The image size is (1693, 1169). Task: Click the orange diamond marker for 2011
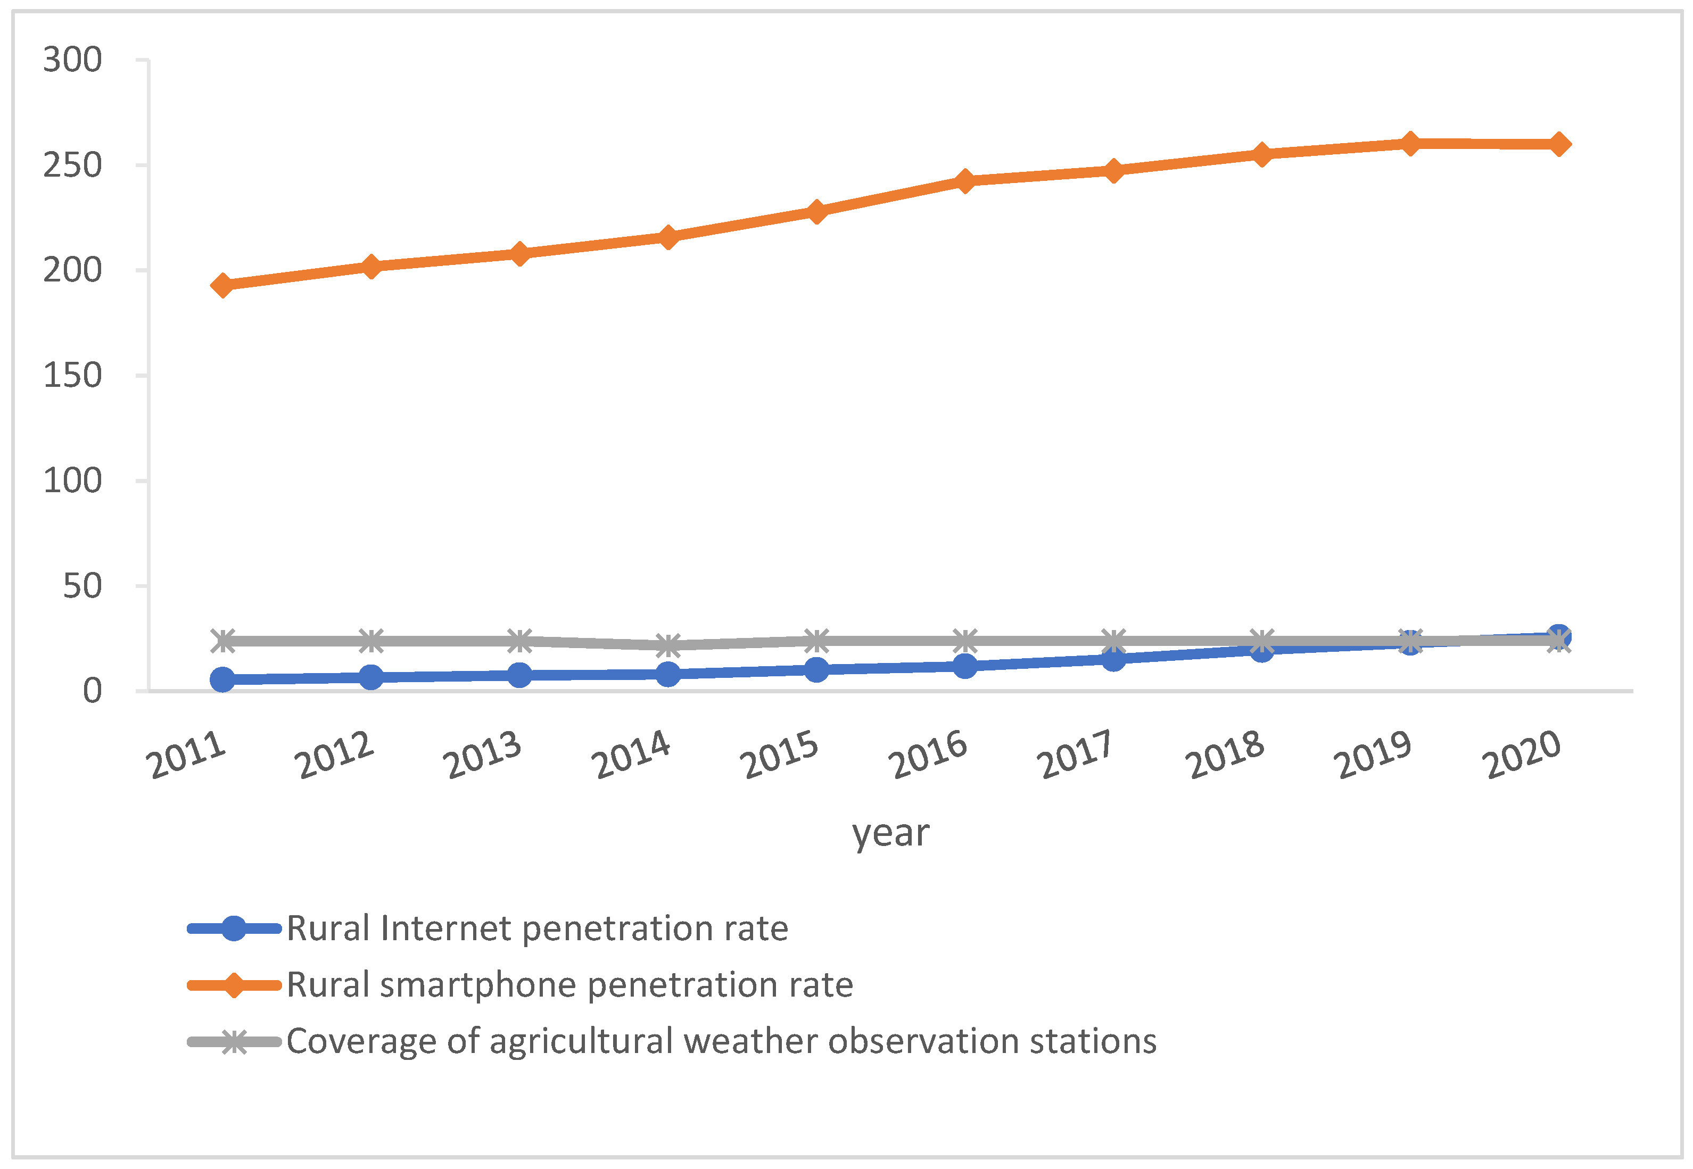[222, 285]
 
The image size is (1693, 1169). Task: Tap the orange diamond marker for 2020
[1558, 144]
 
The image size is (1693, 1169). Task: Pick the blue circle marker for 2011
[222, 679]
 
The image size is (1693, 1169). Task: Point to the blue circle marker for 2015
[816, 669]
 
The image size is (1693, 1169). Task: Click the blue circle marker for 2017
[1113, 659]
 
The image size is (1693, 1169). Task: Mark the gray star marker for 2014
[667, 645]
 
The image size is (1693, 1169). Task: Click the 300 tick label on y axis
[72, 60]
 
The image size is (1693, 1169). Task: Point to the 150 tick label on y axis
[72, 376]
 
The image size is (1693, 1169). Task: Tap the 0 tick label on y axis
[92, 691]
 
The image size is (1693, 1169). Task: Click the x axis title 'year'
[890, 833]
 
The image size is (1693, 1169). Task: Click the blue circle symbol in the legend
[234, 928]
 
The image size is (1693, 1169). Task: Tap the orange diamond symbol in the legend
[234, 985]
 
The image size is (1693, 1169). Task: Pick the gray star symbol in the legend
[234, 1041]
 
